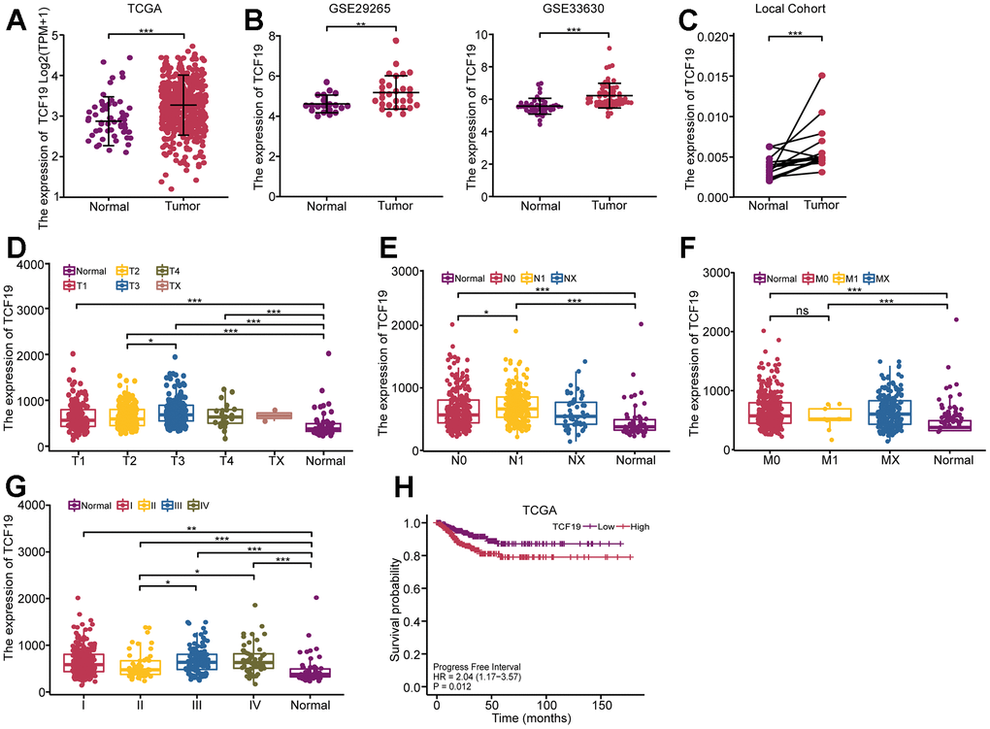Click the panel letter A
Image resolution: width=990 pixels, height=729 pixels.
16,17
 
